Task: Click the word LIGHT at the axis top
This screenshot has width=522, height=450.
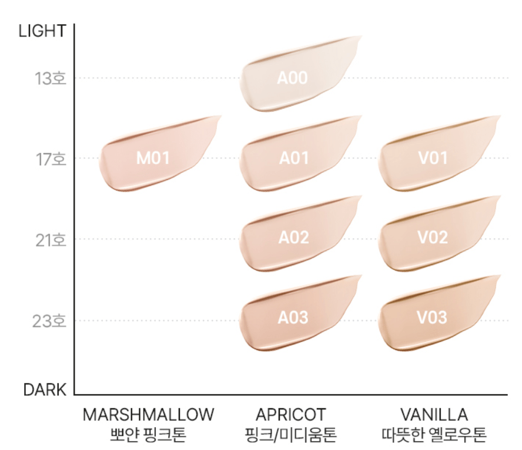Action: click(x=43, y=31)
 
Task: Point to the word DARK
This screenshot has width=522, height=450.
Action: click(x=45, y=389)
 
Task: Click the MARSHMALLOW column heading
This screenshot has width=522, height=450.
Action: click(x=149, y=414)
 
